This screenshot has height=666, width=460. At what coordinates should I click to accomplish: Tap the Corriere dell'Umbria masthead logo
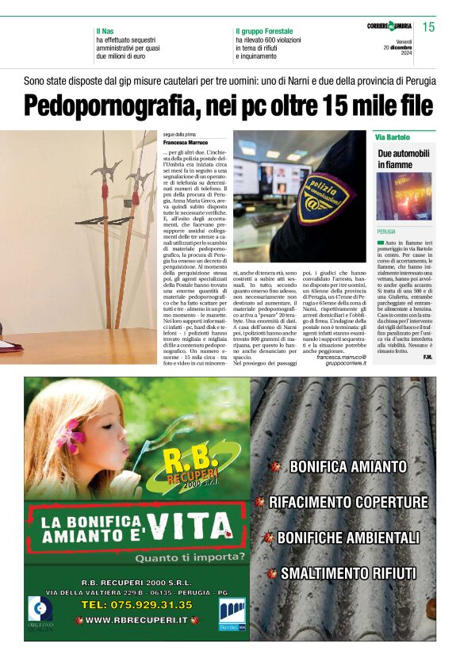coord(389,27)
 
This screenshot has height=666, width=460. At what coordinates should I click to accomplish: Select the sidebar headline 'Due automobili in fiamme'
coord(404,159)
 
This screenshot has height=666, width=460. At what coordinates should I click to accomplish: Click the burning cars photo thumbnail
coord(404,197)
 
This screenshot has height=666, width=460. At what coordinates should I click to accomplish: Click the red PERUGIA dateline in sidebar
coord(387,232)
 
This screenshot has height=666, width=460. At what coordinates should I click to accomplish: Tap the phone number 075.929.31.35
coord(136,604)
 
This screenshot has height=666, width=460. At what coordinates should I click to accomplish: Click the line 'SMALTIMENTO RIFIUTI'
coord(348,572)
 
